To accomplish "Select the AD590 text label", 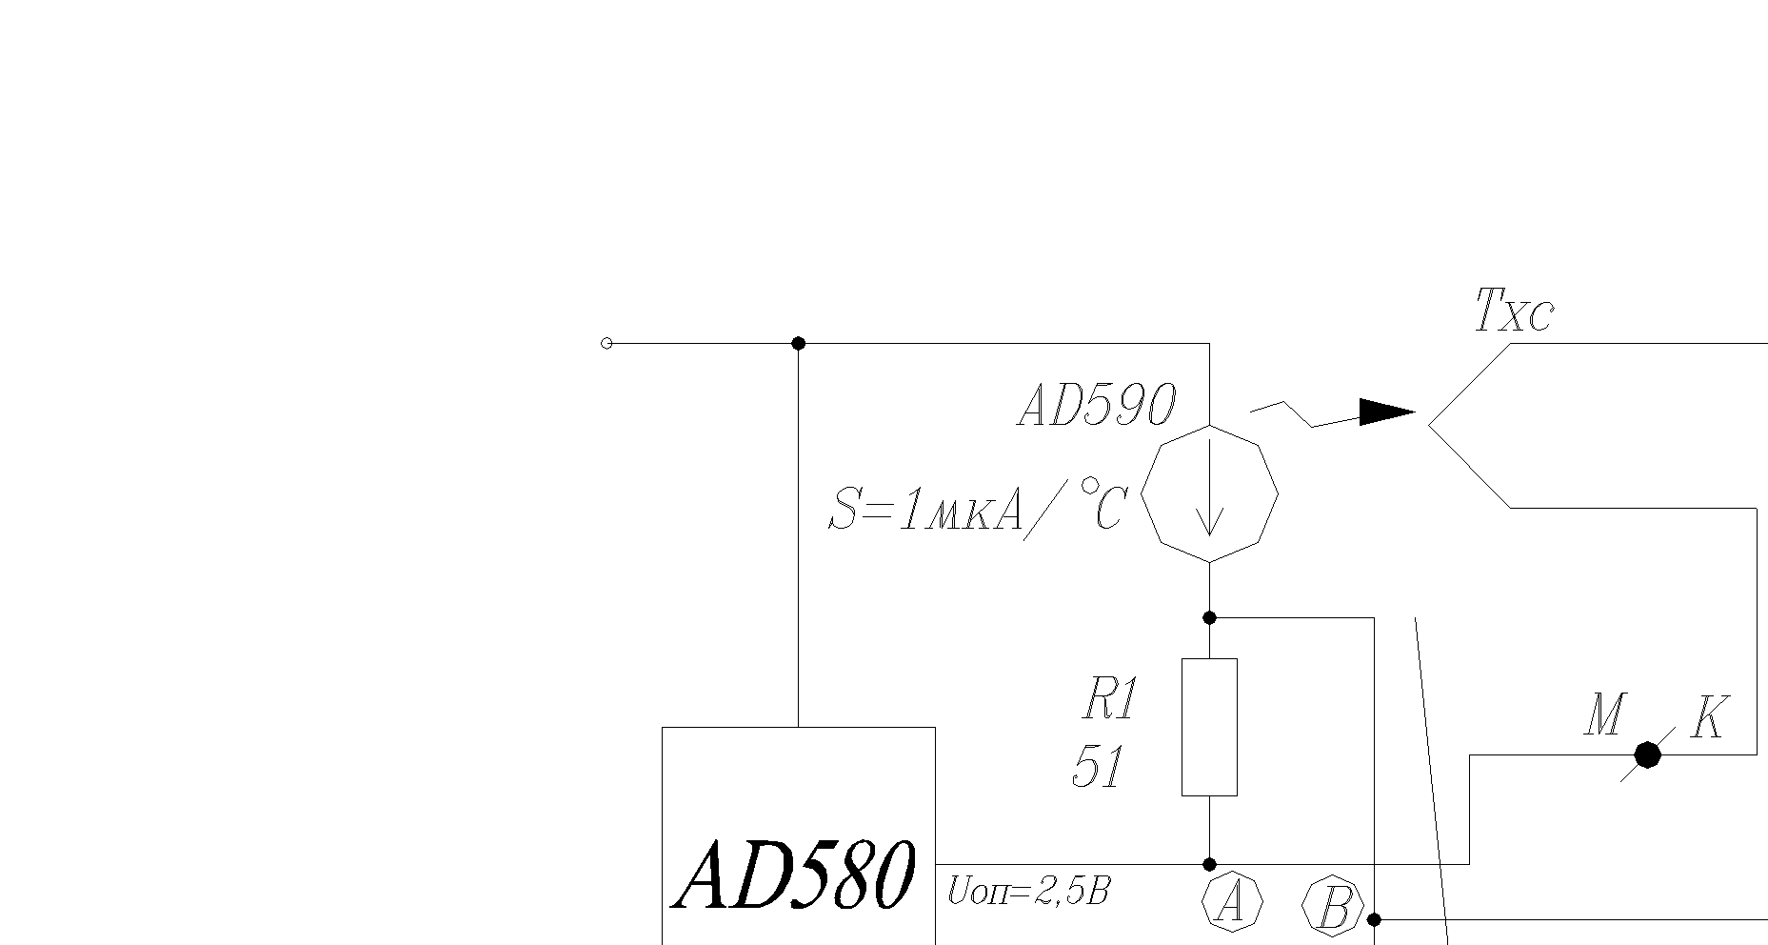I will (x=1097, y=406).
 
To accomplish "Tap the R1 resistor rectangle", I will (x=1209, y=726).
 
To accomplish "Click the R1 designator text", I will (x=1109, y=700).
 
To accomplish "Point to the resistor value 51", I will (x=1099, y=767).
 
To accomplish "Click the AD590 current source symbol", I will (x=1209, y=494).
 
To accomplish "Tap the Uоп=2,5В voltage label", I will (x=1028, y=892).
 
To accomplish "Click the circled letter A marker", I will (x=1232, y=900).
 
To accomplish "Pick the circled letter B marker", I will (x=1333, y=907).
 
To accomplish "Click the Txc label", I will (x=1514, y=311).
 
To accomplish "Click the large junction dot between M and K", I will (x=1648, y=754).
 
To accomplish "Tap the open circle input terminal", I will (x=606, y=343).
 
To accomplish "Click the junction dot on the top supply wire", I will (x=798, y=343).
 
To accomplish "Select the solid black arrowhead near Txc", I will (x=1386, y=412).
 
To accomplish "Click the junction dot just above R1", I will (x=1209, y=618).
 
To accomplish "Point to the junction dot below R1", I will (x=1209, y=865).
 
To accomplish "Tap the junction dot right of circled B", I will (x=1374, y=919).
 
